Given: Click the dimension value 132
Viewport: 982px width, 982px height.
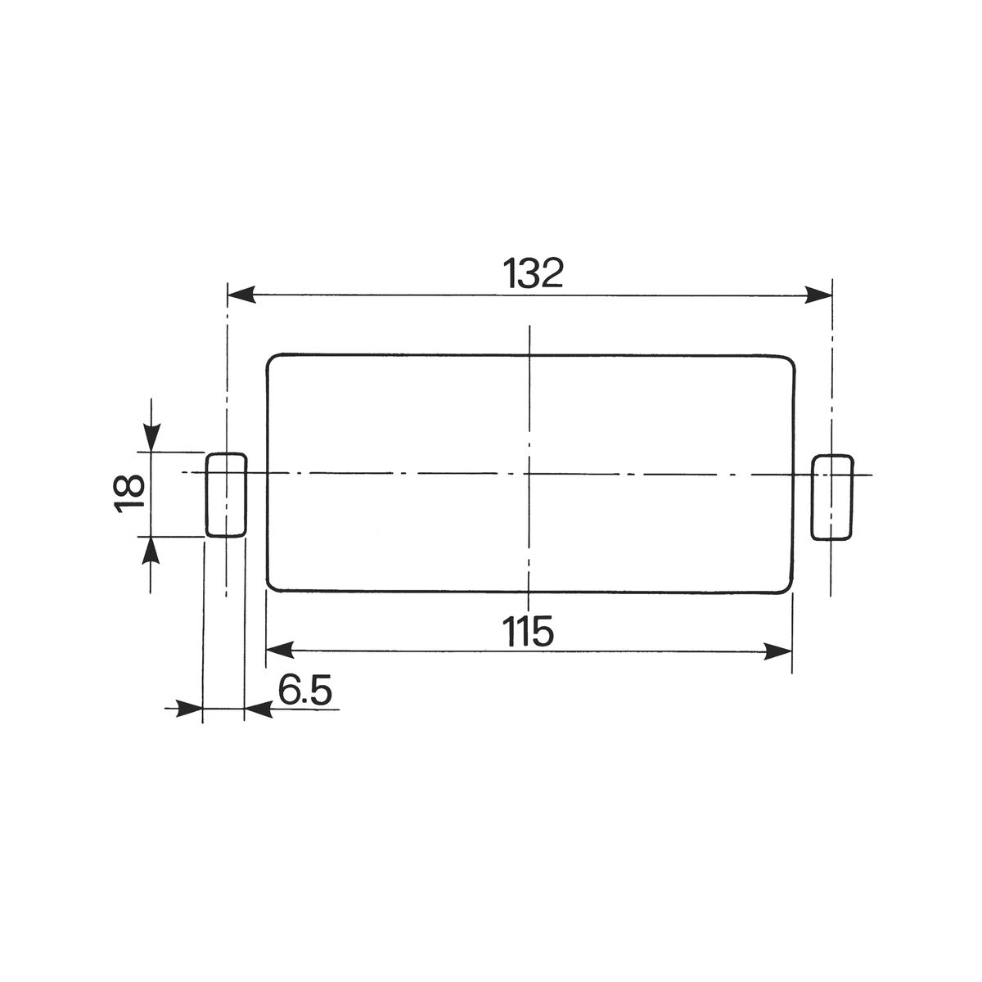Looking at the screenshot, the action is pos(533,273).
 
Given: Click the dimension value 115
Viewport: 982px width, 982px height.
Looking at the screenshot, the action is pos(528,632).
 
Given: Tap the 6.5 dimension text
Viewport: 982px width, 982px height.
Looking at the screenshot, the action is pos(304,690).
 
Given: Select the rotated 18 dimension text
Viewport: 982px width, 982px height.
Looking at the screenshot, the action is pos(129,493).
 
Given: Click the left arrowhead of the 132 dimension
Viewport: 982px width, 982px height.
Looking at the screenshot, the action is pos(241,295).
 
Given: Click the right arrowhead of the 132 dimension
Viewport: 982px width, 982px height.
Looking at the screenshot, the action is pos(818,295).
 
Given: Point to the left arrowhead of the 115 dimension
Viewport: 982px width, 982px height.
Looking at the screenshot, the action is pos(280,650).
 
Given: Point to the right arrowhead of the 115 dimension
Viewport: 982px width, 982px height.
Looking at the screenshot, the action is pos(777,651).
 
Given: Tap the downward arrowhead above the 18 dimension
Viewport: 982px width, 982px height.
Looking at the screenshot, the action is pos(151,438).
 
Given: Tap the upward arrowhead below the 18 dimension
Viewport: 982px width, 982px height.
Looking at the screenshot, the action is pos(151,551).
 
